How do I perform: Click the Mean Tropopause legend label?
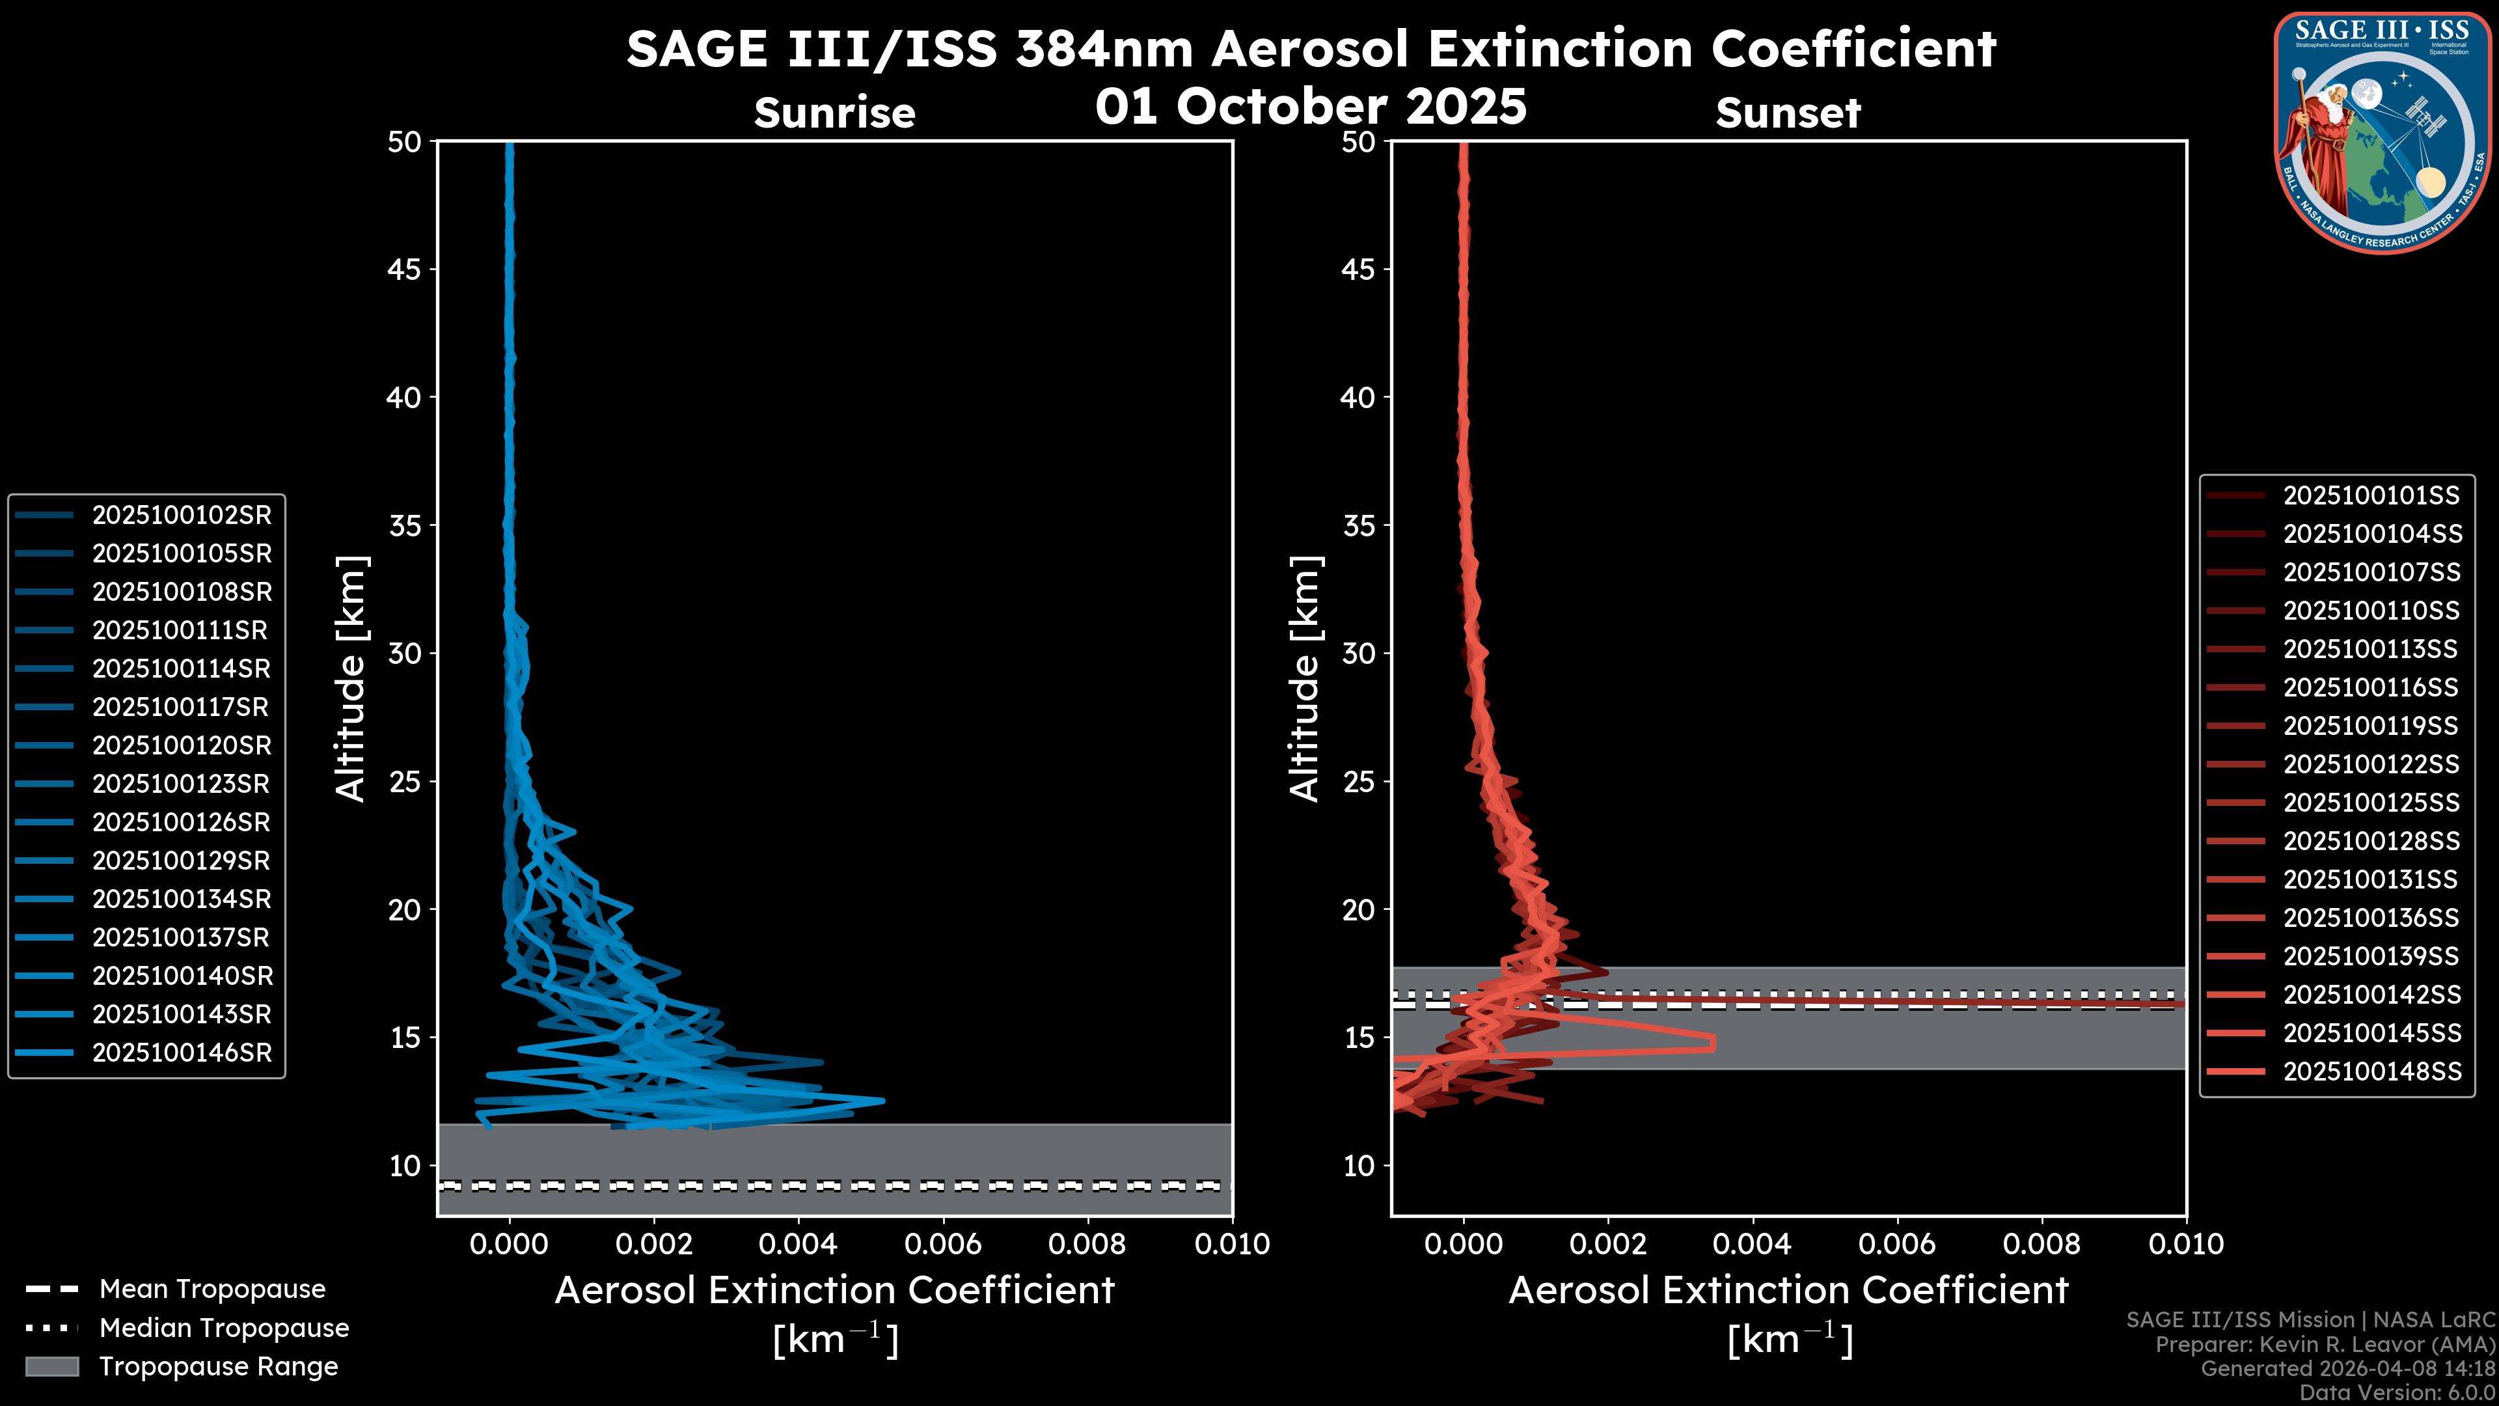click(212, 1289)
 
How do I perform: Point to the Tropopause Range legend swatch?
click(51, 1366)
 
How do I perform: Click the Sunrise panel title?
click(834, 113)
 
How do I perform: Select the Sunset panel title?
click(1788, 113)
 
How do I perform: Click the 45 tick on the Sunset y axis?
click(1358, 269)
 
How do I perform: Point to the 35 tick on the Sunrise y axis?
click(405, 526)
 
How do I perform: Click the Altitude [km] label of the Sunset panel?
click(1305, 679)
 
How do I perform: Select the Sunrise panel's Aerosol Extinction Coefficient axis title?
click(834, 1291)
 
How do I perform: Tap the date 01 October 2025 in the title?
click(1311, 107)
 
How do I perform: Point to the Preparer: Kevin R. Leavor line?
click(2325, 1345)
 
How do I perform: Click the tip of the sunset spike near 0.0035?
click(1714, 1043)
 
